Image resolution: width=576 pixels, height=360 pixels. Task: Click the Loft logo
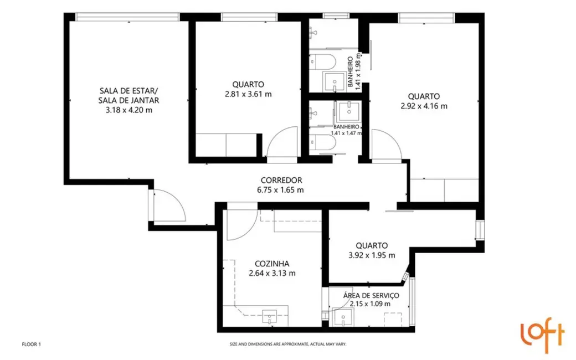point(542,335)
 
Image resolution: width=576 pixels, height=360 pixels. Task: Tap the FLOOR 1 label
point(31,344)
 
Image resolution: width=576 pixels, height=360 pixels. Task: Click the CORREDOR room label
point(281,180)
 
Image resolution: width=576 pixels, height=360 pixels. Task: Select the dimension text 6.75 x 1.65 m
point(281,190)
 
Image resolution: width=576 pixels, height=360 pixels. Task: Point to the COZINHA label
point(271,264)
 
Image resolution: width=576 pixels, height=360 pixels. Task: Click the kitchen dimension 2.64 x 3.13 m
point(271,273)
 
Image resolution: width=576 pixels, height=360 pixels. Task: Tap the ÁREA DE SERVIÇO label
point(371,296)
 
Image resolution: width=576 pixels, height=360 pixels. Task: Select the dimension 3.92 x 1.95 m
point(372,255)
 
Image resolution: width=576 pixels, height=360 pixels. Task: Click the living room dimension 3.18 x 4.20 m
point(129,110)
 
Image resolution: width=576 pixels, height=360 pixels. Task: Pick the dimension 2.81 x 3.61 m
point(248,94)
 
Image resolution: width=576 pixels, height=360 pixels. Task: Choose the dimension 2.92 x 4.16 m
point(424,106)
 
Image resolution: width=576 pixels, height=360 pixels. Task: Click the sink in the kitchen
point(270,317)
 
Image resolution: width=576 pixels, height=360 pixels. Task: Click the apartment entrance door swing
point(169,205)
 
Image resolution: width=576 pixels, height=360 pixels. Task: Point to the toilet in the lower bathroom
point(321,143)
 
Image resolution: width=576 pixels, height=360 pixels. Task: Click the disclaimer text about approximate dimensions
point(288,344)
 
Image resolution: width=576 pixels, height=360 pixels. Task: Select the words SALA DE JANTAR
point(129,100)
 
